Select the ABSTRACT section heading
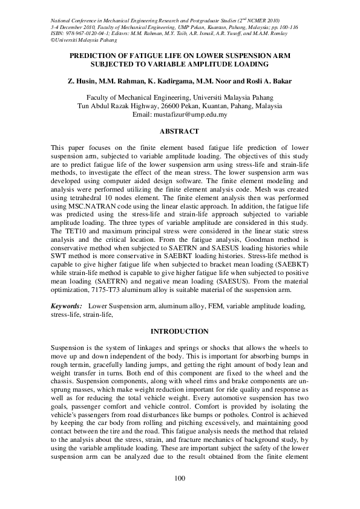179,131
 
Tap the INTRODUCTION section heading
179,331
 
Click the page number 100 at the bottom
179,479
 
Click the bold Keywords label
67,307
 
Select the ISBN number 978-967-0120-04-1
84,34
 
